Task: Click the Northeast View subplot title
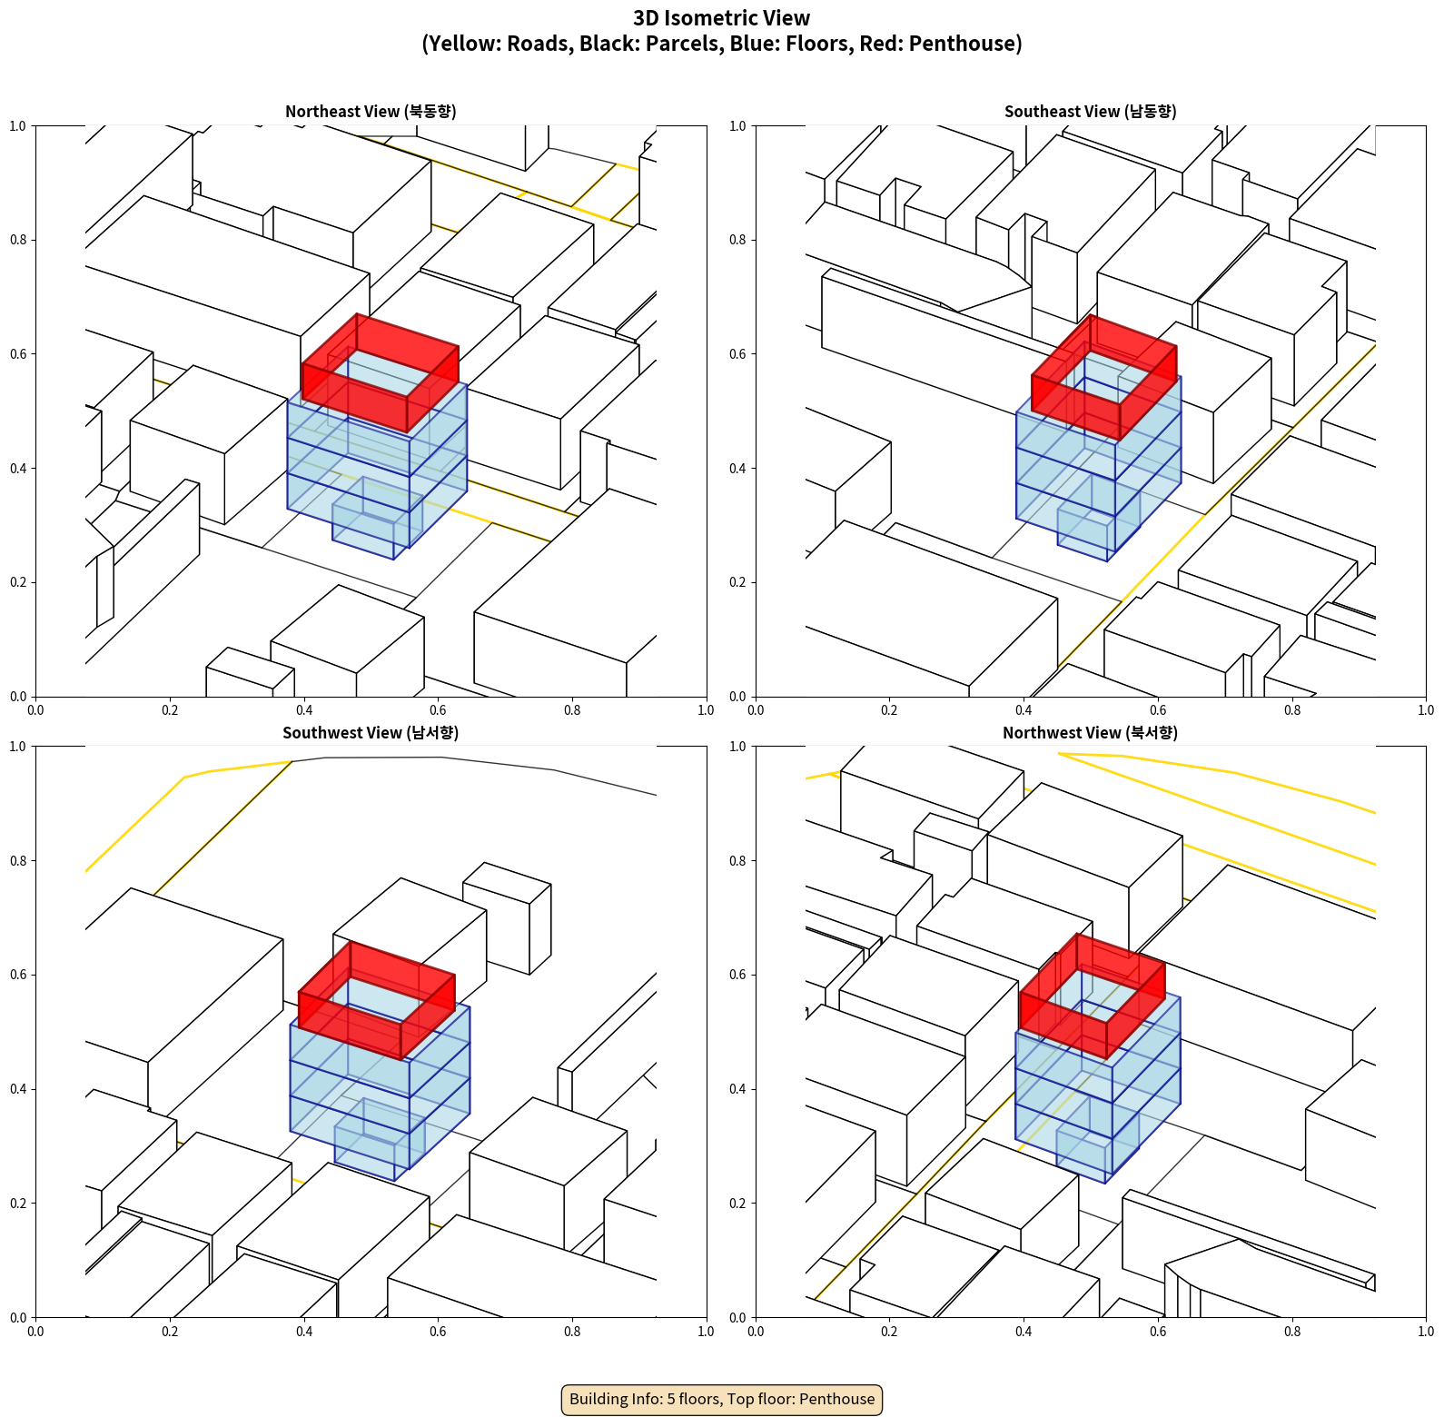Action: [371, 112]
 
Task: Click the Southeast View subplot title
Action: [1090, 112]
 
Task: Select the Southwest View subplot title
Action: [371, 733]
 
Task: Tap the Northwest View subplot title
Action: [1090, 733]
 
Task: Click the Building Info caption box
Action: [722, 1399]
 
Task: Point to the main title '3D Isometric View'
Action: [722, 18]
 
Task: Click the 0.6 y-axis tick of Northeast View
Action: [18, 354]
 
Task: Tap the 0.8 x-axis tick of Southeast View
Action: [1292, 710]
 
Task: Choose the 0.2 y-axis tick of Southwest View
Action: [18, 1204]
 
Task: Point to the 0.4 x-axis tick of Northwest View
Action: [1024, 1332]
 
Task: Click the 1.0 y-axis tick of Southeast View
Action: [737, 126]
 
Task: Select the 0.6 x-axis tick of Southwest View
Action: [438, 1332]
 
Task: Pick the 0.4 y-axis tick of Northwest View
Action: [737, 1089]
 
